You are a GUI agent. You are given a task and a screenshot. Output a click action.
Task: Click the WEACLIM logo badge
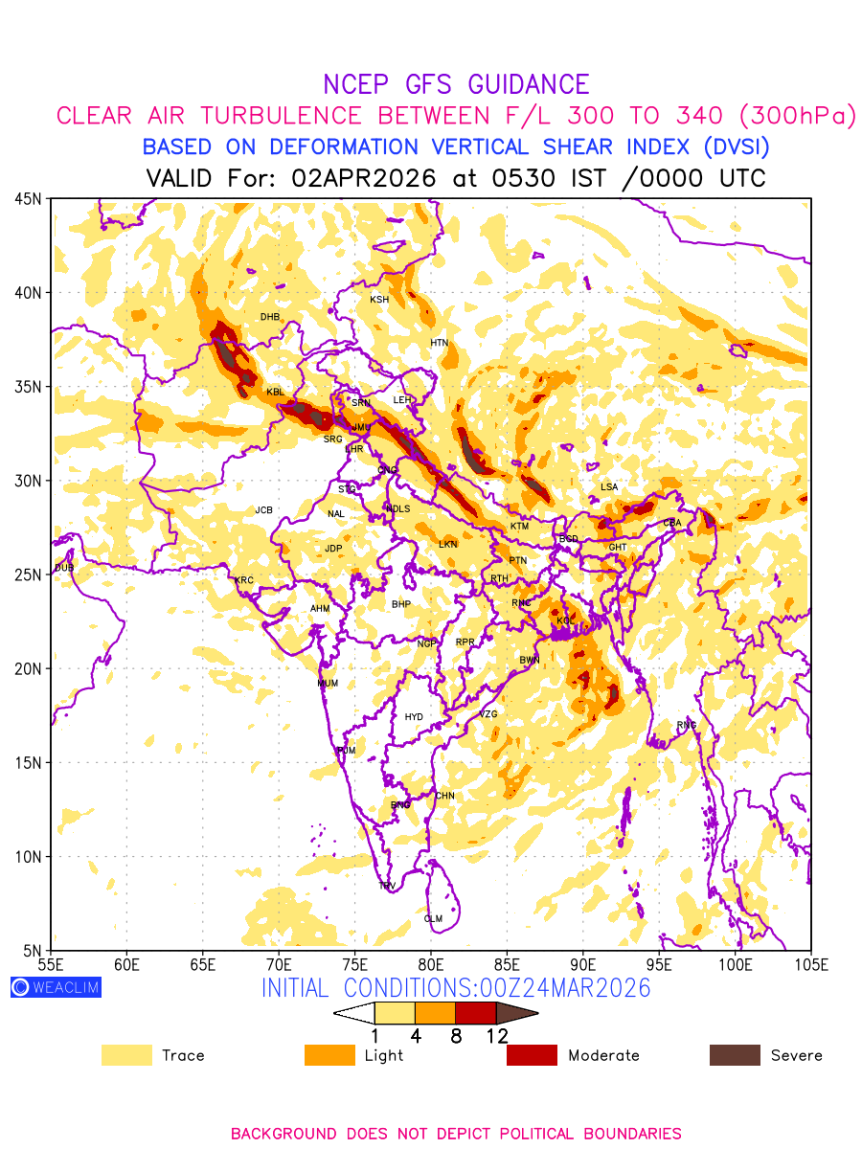coord(56,987)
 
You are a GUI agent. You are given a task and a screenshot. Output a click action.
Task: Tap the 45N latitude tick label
coord(27,198)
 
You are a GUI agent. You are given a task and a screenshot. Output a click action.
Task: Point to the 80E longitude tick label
coord(431,963)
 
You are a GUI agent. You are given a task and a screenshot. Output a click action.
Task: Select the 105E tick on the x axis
coord(810,963)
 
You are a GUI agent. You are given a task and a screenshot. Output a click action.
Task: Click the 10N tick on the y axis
coord(27,856)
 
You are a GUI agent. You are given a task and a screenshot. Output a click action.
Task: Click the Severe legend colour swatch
coord(735,1055)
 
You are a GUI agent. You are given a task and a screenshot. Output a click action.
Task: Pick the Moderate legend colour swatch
coord(532,1055)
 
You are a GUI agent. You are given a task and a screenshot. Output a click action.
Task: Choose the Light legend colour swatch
coord(329,1055)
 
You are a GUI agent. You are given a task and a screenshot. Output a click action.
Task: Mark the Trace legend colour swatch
coord(126,1055)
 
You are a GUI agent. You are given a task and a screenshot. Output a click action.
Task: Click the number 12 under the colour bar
coord(497,1035)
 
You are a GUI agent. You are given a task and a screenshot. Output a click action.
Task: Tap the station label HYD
coord(414,717)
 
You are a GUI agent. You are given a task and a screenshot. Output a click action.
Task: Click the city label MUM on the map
coord(328,684)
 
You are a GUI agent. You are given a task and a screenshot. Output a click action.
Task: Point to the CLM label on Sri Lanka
coord(433,919)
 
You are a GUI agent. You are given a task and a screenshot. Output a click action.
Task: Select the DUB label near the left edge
coord(64,568)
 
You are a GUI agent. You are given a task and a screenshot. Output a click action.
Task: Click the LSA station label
coord(609,487)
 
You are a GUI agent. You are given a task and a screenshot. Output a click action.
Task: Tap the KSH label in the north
coord(379,300)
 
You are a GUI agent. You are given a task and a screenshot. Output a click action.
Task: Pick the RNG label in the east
coord(687,725)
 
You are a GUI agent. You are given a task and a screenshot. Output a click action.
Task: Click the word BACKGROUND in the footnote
coord(284,1134)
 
